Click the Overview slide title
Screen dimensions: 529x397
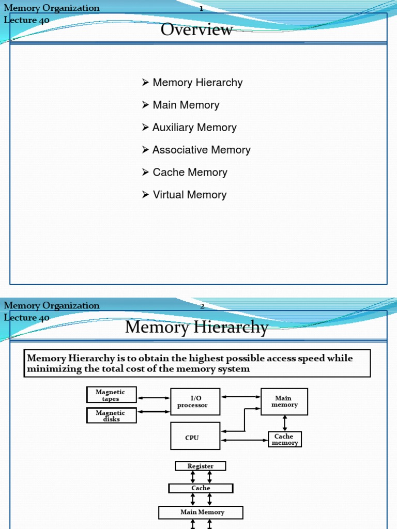coord(196,30)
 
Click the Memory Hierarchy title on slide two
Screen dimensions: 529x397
coord(196,328)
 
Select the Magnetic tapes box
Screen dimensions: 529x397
coord(111,395)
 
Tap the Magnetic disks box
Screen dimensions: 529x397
coord(111,415)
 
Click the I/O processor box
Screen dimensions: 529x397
coord(195,401)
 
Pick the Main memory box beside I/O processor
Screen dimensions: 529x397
coord(284,401)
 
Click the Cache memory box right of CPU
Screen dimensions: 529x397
coord(284,440)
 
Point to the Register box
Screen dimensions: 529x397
coord(201,466)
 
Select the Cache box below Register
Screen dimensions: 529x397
coord(201,488)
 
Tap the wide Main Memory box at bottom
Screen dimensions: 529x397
coord(201,512)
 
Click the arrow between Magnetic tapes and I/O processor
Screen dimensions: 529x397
coord(154,398)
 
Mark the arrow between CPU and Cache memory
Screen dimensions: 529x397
coord(244,440)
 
